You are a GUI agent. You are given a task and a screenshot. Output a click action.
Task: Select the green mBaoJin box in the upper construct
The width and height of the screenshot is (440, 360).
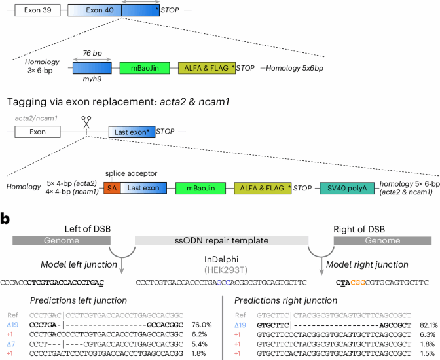click(x=145, y=68)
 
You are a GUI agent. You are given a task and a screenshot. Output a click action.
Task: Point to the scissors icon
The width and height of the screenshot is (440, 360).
click(x=86, y=121)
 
